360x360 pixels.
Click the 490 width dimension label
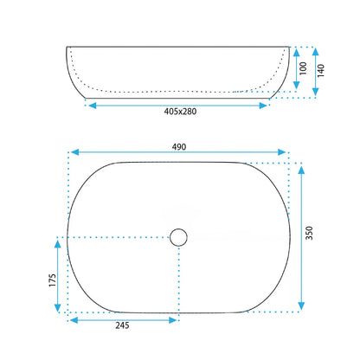(179, 147)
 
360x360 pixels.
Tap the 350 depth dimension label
(309, 233)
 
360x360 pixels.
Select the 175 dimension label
(52, 280)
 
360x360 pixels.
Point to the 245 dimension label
(122, 325)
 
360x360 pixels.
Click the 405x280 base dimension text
(180, 112)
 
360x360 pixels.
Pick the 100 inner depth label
(303, 68)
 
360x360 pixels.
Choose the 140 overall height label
(321, 70)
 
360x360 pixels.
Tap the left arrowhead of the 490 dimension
(74, 152)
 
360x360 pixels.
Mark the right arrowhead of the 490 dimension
(282, 152)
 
